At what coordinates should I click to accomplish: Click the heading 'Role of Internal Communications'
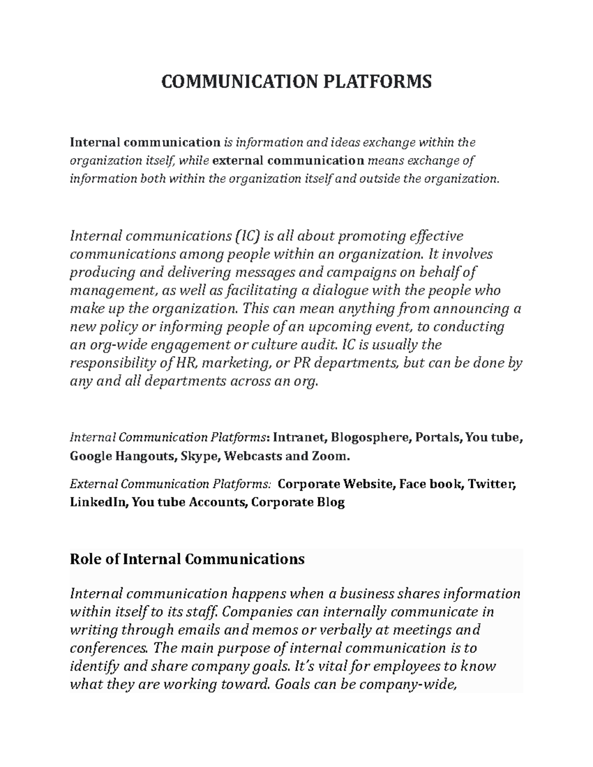coord(187,559)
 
